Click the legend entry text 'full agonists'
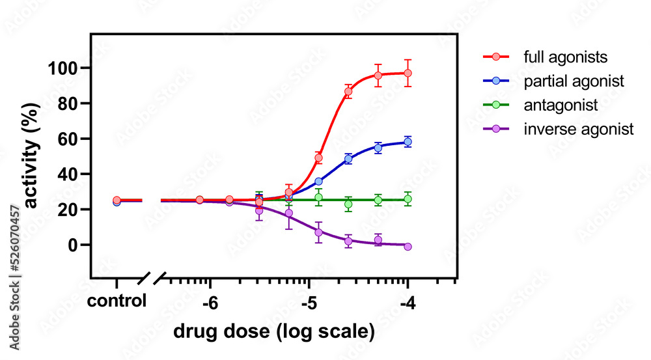[565, 57]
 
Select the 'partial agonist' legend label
[574, 81]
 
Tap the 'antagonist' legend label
[561, 105]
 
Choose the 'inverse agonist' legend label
[578, 129]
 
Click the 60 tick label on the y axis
[70, 139]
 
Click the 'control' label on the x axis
[117, 302]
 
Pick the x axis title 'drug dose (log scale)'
[274, 331]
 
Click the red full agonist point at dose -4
[408, 74]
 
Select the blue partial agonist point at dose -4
[408, 142]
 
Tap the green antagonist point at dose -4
[408, 200]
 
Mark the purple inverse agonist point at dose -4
[408, 247]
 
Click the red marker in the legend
[497, 57]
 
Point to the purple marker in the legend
[497, 129]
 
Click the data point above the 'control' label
[117, 201]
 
